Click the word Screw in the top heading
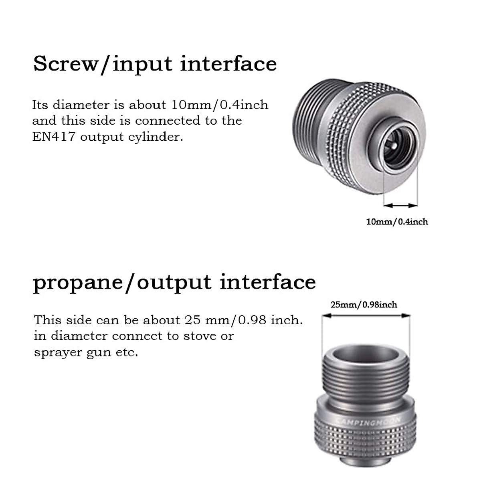click(x=65, y=64)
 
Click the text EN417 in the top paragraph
click(x=54, y=137)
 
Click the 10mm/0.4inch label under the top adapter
click(x=397, y=222)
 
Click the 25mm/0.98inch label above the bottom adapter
click(x=364, y=305)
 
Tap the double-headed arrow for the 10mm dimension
click(x=400, y=206)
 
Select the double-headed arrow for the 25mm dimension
click(x=366, y=315)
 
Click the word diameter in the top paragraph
click(x=81, y=105)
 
